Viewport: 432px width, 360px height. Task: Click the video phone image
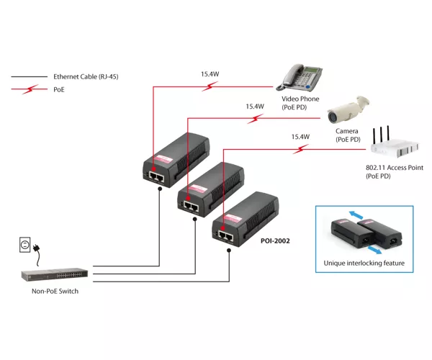pos(300,77)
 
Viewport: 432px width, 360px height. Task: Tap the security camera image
pos(348,109)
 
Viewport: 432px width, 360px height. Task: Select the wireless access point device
pos(395,144)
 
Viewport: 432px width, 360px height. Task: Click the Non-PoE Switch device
pos(55,274)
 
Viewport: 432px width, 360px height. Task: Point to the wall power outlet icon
pos(24,245)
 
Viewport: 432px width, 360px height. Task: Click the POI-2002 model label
pos(275,241)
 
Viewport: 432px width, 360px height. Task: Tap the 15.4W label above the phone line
pos(210,74)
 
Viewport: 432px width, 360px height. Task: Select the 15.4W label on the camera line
pos(255,107)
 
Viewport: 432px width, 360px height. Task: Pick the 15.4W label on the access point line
pos(300,137)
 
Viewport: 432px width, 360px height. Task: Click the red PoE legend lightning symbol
pos(30,89)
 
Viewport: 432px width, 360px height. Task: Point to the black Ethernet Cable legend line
pos(30,76)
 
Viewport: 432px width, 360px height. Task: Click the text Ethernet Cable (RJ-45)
pos(86,76)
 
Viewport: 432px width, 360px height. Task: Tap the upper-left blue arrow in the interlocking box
pos(356,215)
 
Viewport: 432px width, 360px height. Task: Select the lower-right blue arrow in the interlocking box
pos(374,250)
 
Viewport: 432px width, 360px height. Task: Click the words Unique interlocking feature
pos(364,263)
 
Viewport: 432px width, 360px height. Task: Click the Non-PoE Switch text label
pos(55,291)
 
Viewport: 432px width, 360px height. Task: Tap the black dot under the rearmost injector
pos(160,189)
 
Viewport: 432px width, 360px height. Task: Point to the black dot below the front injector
pos(229,251)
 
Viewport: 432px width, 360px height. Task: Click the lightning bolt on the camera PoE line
pos(255,119)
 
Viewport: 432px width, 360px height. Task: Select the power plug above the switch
pos(37,248)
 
